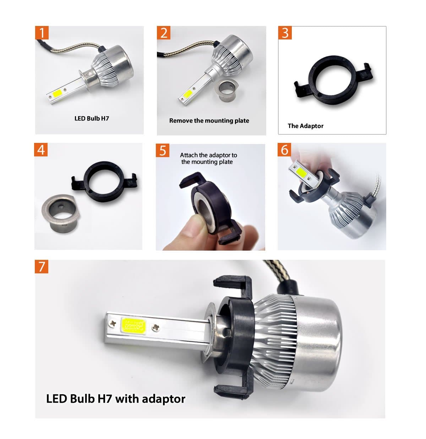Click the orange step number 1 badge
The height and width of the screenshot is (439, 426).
tap(42, 33)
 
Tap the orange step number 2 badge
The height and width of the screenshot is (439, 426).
tap(164, 33)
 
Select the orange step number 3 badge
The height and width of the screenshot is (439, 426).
tap(285, 33)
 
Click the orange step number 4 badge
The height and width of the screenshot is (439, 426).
tap(41, 150)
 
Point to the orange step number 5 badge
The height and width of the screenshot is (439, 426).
tap(163, 150)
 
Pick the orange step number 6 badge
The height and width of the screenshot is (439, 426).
tap(284, 150)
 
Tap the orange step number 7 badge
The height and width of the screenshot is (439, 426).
tap(42, 266)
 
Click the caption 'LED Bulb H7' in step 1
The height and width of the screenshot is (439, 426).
tap(92, 118)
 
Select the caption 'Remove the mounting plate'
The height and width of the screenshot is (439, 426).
tap(209, 121)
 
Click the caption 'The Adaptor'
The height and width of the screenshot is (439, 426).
tap(305, 126)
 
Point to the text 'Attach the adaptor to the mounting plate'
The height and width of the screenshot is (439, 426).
tap(208, 159)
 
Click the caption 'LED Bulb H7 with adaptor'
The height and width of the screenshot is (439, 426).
tap(116, 398)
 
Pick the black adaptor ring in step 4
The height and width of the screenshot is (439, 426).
tap(105, 179)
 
